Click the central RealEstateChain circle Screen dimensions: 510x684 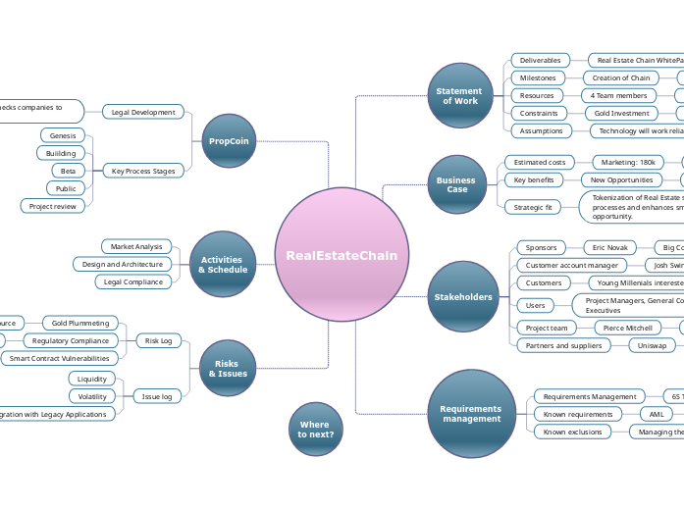click(342, 255)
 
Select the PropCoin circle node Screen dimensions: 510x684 click(230, 142)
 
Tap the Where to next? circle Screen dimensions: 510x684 click(315, 429)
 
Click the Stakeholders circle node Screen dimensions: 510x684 click(463, 296)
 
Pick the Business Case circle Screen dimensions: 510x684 click(456, 184)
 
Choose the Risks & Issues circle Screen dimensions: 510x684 click(228, 369)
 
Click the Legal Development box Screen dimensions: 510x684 click(143, 112)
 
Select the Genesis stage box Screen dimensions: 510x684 click(63, 135)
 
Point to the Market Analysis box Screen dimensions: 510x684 click(135, 246)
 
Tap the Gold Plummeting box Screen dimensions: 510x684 click(80, 323)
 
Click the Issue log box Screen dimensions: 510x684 click(157, 396)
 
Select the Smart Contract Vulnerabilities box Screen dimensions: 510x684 click(59, 358)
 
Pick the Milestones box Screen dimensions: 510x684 click(538, 77)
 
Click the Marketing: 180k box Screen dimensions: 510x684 click(628, 162)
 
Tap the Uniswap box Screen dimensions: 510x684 click(652, 345)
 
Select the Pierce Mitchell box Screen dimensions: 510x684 click(627, 328)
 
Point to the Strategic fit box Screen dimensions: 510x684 click(533, 207)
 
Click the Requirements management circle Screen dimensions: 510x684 click(472, 413)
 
